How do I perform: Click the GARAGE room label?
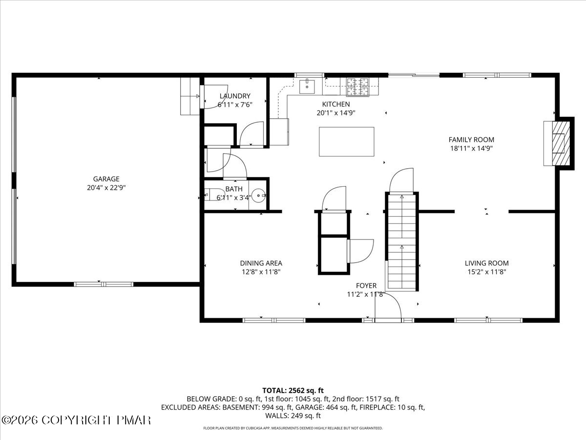(x=106, y=179)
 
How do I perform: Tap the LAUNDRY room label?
(x=235, y=96)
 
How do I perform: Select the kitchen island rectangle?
(x=347, y=142)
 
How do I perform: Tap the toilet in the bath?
(x=211, y=196)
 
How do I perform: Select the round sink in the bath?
(x=260, y=195)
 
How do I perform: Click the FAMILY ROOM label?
(x=471, y=140)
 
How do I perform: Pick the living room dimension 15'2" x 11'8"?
(x=486, y=272)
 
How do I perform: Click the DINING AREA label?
(x=261, y=263)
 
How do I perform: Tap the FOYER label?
(x=366, y=286)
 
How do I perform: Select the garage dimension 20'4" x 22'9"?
(x=106, y=188)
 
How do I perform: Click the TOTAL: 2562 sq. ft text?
(x=293, y=390)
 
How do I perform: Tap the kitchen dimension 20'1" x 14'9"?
(x=335, y=113)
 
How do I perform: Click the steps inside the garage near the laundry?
(x=190, y=96)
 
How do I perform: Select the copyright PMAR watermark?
(x=77, y=420)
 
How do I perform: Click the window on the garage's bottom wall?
(x=104, y=284)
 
